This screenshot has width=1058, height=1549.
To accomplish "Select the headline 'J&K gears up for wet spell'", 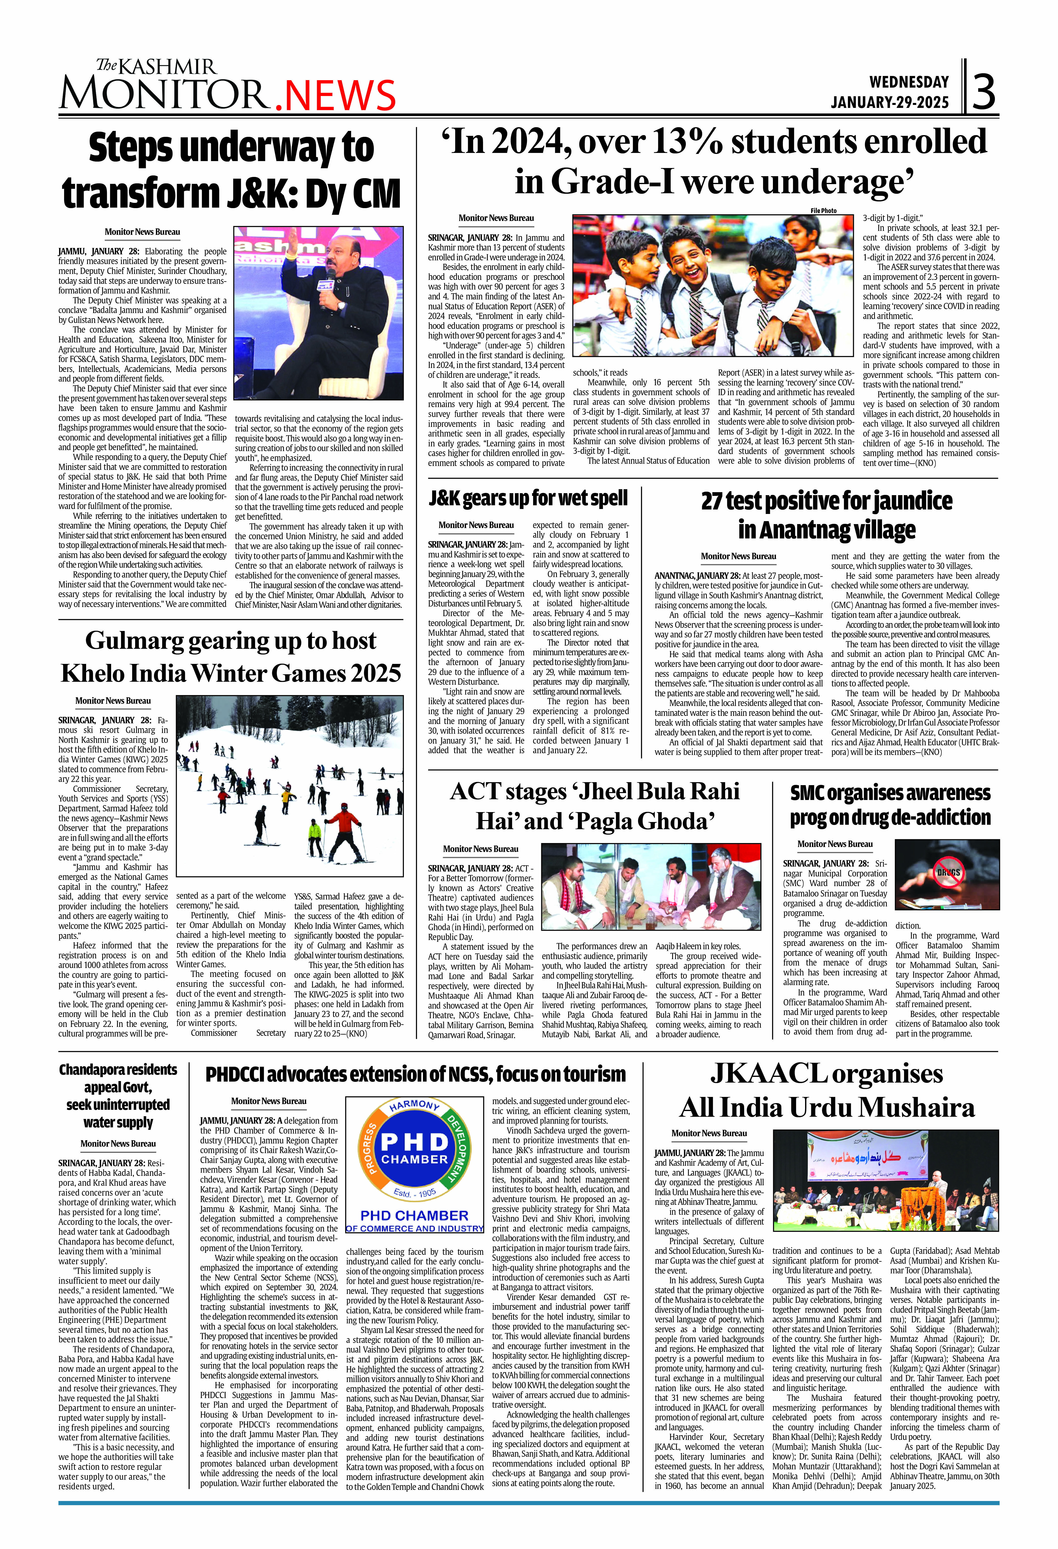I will (x=528, y=498).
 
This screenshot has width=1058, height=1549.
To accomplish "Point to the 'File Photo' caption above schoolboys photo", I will (x=823, y=211).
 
